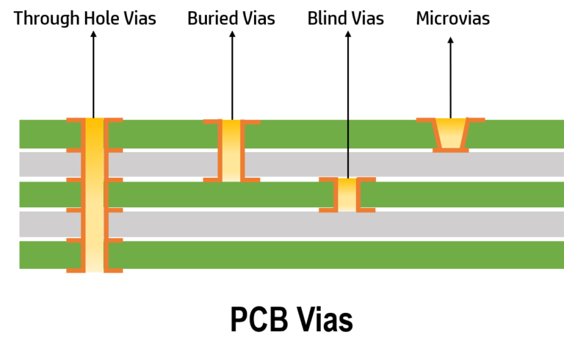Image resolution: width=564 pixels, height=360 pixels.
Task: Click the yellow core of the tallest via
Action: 94,195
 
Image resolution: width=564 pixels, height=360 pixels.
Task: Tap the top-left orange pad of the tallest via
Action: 73,120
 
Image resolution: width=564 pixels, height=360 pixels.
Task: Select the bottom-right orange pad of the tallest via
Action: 115,270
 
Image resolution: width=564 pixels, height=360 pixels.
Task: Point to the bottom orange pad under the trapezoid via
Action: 451,150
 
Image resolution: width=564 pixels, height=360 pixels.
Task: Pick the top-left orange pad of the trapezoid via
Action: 425,120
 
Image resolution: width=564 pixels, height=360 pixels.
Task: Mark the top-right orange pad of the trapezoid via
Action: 477,120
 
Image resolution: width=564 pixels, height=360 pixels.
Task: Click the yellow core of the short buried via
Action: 347,195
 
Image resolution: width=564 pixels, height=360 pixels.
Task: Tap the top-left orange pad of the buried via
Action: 326,179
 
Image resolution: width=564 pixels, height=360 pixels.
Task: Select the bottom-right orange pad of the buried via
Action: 367,210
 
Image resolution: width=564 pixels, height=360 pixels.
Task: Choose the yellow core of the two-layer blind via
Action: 231,151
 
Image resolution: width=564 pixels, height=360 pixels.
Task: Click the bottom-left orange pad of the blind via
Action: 211,179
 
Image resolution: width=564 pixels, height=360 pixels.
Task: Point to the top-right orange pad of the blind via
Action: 252,122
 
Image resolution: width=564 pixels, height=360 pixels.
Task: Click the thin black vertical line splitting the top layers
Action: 348,147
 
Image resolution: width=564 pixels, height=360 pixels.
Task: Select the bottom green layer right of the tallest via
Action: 330,255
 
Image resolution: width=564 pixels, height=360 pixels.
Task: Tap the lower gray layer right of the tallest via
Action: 330,224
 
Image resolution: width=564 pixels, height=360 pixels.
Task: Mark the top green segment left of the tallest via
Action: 48,134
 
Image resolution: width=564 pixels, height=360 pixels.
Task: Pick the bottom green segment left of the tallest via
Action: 48,255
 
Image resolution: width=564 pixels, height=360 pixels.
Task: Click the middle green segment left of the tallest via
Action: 48,195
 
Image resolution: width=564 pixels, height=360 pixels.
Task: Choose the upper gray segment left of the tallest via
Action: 48,164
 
